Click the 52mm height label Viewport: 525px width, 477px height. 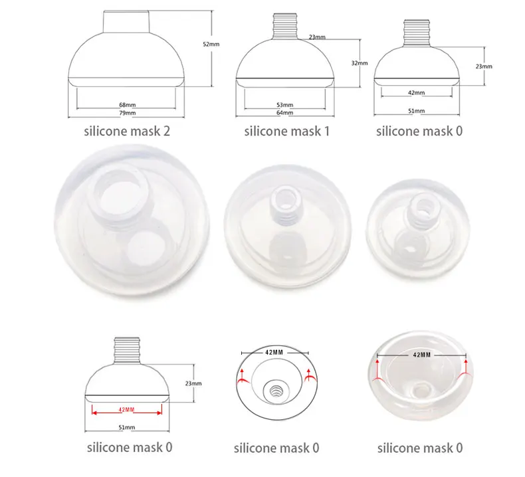[x=211, y=45]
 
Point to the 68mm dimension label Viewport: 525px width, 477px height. [x=128, y=105]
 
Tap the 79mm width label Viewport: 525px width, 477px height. [x=128, y=113]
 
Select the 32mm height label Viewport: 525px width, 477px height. [x=360, y=63]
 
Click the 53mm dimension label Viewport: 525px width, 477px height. [x=285, y=105]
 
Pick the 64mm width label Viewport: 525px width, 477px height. [x=285, y=113]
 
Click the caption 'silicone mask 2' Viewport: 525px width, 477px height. [x=127, y=131]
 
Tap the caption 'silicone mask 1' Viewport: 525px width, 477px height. [x=287, y=131]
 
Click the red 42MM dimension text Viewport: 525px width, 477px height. [x=126, y=410]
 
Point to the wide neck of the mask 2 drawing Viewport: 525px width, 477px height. [x=126, y=22]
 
